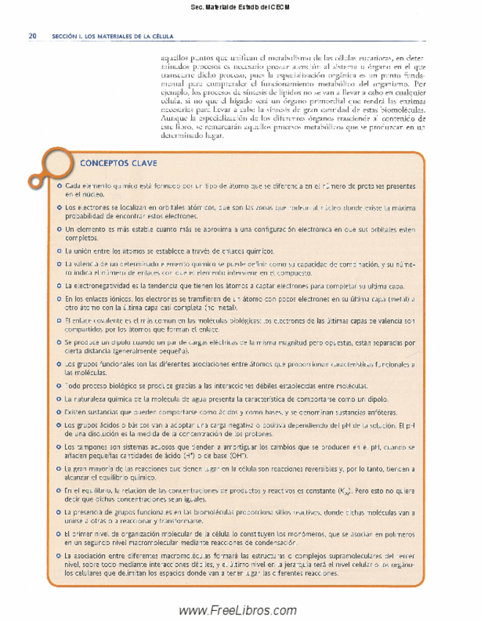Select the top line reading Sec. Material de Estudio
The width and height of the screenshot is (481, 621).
coord(240,8)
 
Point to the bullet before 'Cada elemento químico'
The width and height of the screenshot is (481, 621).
coord(59,187)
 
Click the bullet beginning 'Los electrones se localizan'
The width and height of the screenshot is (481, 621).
coord(59,209)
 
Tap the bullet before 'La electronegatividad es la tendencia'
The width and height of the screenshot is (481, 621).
coord(59,285)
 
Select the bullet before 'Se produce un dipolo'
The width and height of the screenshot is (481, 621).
coord(59,342)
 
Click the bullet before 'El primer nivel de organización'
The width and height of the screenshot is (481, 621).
coord(59,537)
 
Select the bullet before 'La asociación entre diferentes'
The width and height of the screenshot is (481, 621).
coord(59,558)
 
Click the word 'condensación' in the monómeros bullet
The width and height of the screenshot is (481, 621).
coord(275,544)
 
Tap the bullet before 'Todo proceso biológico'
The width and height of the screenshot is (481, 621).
coord(59,385)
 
